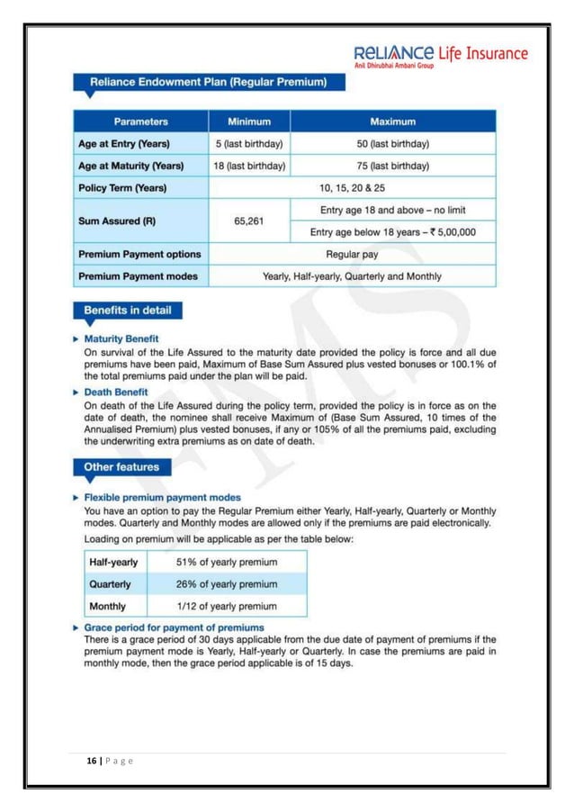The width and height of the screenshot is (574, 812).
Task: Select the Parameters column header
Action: (x=141, y=121)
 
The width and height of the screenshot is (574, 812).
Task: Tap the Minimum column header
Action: (x=249, y=121)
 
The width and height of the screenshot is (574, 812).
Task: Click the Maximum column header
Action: (x=392, y=121)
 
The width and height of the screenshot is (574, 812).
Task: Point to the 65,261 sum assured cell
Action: (x=249, y=221)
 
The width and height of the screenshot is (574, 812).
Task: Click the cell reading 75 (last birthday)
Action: (x=392, y=166)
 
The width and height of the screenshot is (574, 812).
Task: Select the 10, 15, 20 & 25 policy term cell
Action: (x=352, y=188)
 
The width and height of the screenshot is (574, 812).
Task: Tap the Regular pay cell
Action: (x=352, y=254)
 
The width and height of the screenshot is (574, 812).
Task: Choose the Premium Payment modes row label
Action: (x=139, y=276)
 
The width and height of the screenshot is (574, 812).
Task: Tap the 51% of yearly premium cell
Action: (x=227, y=563)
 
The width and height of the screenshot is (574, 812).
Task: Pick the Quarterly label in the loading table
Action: (x=111, y=583)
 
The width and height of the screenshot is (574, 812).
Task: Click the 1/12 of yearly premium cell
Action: (x=227, y=606)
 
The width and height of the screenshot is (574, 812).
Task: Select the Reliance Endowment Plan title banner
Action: (x=213, y=83)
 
